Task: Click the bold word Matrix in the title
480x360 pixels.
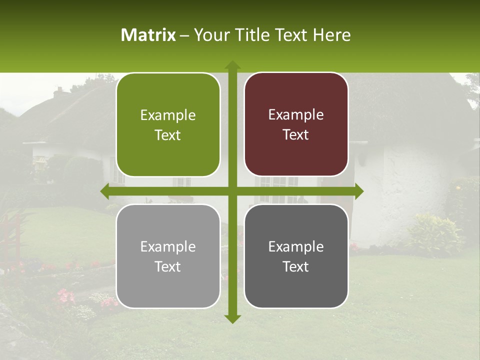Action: [148, 35]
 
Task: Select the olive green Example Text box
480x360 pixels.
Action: [168, 125]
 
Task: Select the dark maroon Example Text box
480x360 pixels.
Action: [296, 124]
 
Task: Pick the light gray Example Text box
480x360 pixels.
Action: [168, 256]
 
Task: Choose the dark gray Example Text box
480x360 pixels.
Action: [296, 256]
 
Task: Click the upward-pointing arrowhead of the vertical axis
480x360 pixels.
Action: [232, 65]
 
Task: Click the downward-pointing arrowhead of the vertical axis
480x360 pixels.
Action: [232, 318]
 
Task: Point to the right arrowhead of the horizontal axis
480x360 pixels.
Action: [358, 191]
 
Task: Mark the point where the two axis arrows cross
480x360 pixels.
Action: [232, 191]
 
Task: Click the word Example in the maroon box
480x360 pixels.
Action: [296, 114]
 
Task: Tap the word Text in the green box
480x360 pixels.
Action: [168, 135]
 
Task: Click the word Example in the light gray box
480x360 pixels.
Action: [168, 246]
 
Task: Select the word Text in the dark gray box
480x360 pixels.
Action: [296, 267]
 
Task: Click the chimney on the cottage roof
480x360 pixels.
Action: [59, 93]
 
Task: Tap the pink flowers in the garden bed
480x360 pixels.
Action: [64, 296]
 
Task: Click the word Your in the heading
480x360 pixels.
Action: [207, 35]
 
